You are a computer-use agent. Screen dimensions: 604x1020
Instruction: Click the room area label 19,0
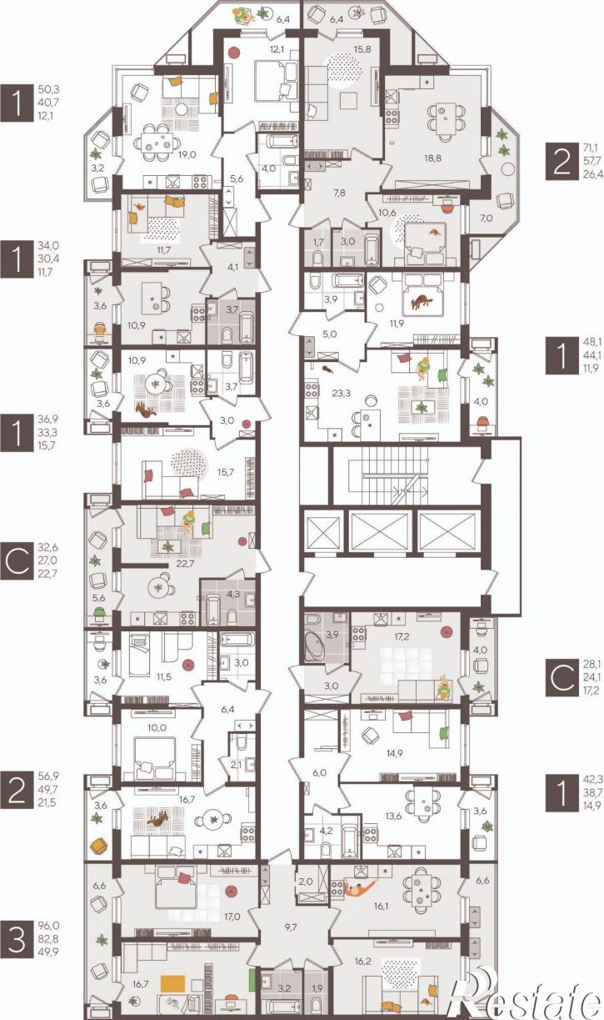point(187,155)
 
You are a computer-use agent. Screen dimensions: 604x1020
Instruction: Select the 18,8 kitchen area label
point(432,158)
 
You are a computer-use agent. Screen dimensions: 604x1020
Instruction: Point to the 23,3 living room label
point(341,394)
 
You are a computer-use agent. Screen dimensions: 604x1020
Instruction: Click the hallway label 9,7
point(289,926)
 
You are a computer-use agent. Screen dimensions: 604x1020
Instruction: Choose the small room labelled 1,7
point(318,242)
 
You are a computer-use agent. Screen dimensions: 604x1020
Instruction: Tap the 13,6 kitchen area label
point(394,817)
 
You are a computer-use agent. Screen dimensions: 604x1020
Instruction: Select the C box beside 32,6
point(17,560)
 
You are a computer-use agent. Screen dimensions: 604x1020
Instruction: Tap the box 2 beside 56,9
point(17,790)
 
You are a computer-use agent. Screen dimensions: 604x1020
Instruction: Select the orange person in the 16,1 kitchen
point(359,888)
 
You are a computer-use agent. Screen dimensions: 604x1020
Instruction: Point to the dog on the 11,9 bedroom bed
point(422,301)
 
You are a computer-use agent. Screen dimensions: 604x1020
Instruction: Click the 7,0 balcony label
point(487,219)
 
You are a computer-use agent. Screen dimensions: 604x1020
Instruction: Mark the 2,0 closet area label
point(306,882)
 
